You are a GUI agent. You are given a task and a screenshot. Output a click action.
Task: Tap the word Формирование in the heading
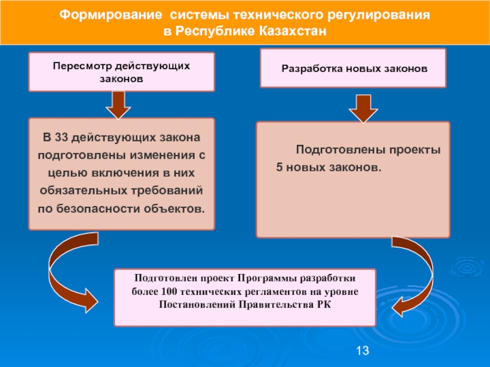[111, 15]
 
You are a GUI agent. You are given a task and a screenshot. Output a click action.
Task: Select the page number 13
[363, 350]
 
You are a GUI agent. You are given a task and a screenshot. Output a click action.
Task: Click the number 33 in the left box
[61, 137]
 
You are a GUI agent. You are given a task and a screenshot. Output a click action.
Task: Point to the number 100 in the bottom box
[170, 292]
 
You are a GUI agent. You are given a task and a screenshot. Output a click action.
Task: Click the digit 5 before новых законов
[279, 167]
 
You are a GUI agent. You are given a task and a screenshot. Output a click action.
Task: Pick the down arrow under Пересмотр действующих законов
[118, 105]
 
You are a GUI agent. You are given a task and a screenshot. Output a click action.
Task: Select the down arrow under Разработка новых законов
[363, 109]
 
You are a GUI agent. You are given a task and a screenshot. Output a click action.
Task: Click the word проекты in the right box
[415, 150]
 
